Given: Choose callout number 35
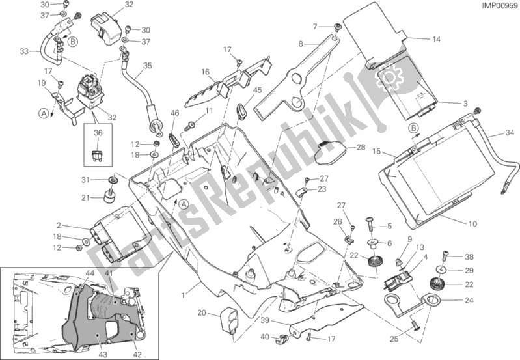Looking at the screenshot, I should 147,66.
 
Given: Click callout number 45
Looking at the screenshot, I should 239,90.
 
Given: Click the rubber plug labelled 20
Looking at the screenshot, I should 230,319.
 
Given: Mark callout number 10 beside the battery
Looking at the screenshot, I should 473,225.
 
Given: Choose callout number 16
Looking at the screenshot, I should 204,72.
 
